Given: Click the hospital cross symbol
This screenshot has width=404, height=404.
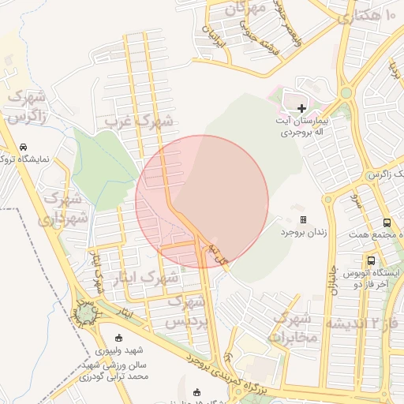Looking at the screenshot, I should pyautogui.click(x=300, y=108).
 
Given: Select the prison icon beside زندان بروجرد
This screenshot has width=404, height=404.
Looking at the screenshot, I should pyautogui.click(x=302, y=219).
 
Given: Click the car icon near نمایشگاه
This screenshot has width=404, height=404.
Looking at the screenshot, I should pyautogui.click(x=24, y=148).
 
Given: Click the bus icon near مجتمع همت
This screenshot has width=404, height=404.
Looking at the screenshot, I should pyautogui.click(x=387, y=223).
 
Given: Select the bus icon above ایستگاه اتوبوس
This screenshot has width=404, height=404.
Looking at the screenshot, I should pyautogui.click(x=371, y=260).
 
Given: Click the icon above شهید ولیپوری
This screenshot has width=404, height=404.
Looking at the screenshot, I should pyautogui.click(x=118, y=337).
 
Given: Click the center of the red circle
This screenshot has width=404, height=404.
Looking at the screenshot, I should pyautogui.click(x=202, y=201).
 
